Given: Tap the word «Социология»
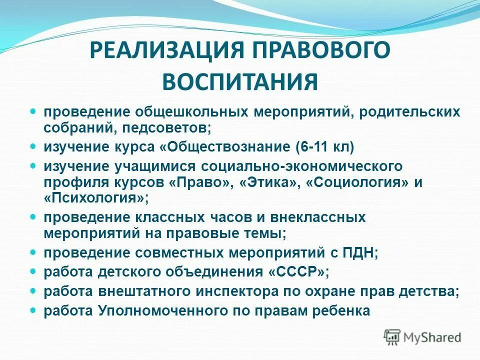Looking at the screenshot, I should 358,182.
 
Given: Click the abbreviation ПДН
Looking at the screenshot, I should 361,253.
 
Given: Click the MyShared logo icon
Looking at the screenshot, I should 392,337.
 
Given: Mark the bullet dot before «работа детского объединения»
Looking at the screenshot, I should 33,271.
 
